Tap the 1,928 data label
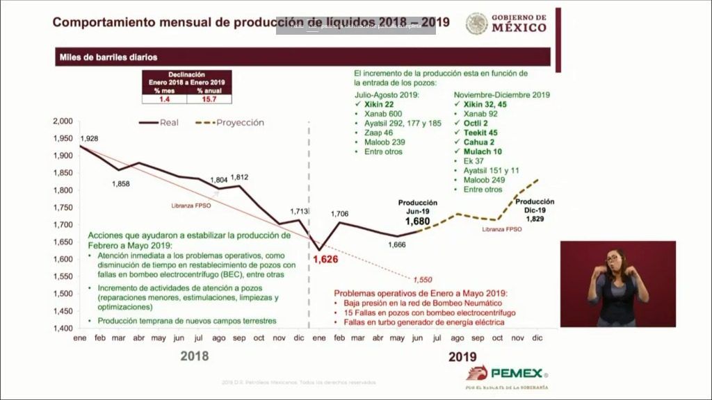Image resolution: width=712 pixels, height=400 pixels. [x=90, y=139]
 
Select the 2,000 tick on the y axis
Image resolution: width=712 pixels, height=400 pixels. [x=62, y=122]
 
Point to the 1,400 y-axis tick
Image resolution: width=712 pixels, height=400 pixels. [x=62, y=328]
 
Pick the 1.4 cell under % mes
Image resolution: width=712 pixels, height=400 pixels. [x=164, y=99]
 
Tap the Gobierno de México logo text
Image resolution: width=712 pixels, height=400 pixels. [x=519, y=23]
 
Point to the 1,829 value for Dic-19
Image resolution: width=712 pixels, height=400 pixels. [x=535, y=219]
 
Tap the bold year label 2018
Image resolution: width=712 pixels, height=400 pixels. [x=194, y=356]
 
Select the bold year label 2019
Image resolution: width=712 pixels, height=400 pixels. [x=462, y=356]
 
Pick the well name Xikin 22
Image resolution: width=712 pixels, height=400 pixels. [x=379, y=104]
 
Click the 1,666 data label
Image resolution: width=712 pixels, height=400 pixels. [x=396, y=244]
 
